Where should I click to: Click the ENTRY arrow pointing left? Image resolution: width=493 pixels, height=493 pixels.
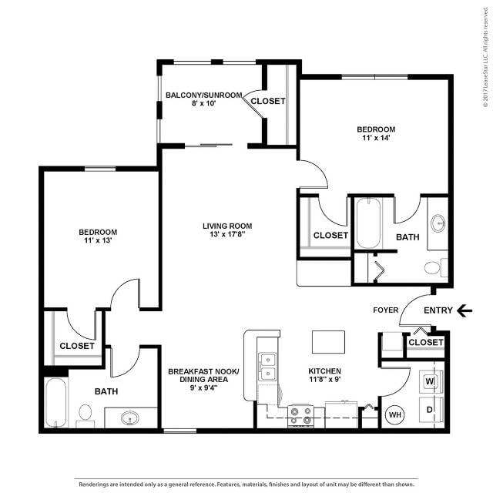[464, 310]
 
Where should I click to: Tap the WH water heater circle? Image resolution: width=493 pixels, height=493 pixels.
[394, 414]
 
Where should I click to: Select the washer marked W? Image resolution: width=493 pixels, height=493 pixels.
[430, 381]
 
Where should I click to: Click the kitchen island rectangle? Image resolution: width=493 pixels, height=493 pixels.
[327, 341]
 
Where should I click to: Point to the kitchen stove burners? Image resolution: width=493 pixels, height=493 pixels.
[300, 415]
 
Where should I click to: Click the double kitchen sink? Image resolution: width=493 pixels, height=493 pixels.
[268, 367]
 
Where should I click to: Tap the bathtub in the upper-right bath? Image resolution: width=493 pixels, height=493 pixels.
[369, 223]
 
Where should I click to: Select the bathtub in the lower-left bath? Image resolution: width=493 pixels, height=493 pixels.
[55, 401]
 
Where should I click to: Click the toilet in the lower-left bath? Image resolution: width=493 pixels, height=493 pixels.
[86, 414]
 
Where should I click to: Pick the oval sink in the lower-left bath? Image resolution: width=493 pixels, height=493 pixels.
[129, 418]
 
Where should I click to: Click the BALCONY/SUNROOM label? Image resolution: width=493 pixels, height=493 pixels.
[204, 96]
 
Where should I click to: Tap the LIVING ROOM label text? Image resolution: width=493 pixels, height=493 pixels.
[227, 226]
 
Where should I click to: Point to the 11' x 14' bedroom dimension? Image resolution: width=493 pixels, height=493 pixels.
[375, 138]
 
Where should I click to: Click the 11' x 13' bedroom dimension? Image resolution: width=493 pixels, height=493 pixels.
[97, 241]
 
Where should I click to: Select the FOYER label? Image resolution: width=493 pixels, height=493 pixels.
[386, 310]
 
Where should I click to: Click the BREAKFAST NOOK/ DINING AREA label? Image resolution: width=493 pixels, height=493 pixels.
[203, 377]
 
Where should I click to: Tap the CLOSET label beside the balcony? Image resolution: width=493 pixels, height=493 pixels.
[268, 101]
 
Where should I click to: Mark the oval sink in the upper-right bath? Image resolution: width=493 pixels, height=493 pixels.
[438, 223]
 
